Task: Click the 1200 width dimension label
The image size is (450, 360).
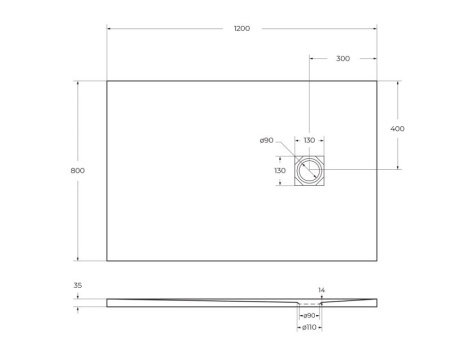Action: point(242,28)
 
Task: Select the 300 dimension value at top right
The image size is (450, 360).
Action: point(342,59)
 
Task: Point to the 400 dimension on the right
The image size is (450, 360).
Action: point(398,129)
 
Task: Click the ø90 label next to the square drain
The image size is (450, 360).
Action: point(266,141)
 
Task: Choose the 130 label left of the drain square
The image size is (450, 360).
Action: point(281,171)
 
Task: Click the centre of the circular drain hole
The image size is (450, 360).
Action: point(310,172)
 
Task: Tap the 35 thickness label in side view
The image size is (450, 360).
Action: point(78,286)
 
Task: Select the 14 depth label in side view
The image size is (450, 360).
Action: point(321,290)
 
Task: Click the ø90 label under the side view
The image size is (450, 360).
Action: point(310,316)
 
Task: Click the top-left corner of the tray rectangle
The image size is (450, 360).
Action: point(107,81)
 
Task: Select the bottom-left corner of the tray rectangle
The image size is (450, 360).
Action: point(107,261)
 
